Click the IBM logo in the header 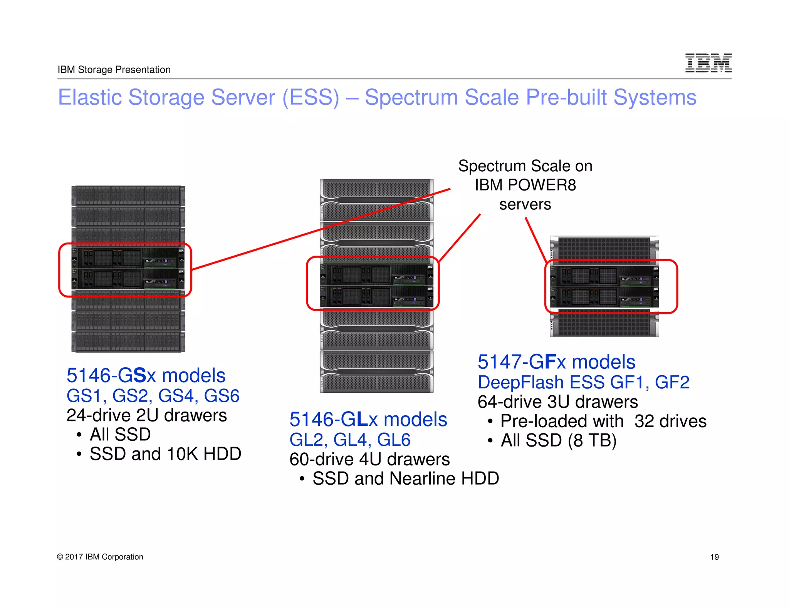[708, 63]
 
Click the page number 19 [714, 557]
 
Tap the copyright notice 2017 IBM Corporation [100, 557]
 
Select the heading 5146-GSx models [146, 375]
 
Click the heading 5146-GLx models [368, 419]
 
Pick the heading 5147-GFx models [556, 362]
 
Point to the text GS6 [222, 396]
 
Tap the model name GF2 [672, 382]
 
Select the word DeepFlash [520, 382]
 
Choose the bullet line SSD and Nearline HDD [405, 478]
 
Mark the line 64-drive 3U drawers [557, 402]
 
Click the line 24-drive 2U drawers [146, 415]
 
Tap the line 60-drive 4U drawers [369, 459]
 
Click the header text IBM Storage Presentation [114, 70]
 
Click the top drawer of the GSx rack [128, 196]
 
